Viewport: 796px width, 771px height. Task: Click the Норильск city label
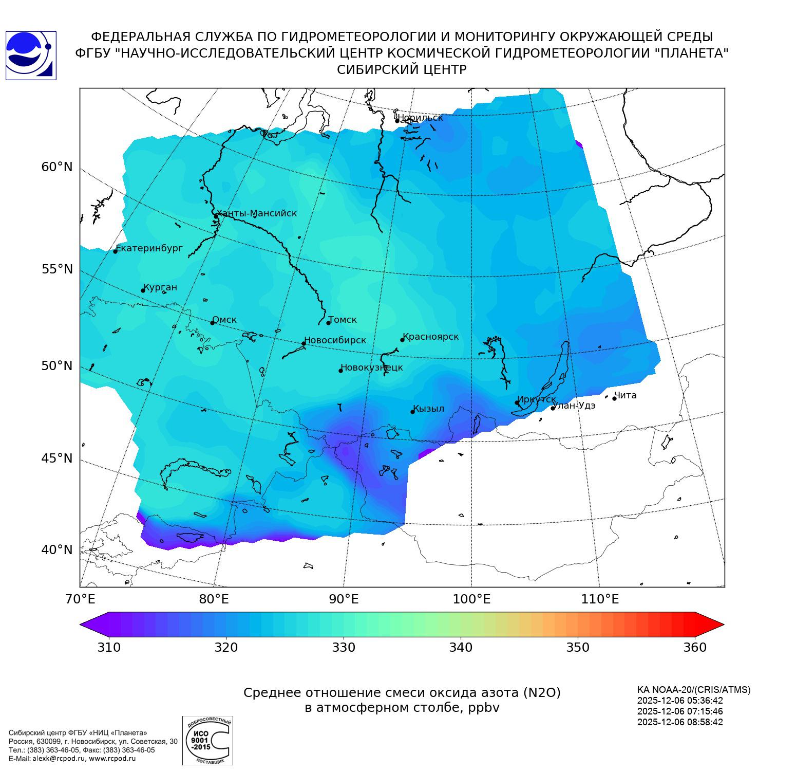[420, 118]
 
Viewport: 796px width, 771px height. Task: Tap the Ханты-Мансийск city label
[256, 213]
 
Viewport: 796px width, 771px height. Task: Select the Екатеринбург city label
[149, 248]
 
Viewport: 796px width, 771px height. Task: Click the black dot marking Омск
[212, 323]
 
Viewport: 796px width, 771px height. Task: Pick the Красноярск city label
[430, 337]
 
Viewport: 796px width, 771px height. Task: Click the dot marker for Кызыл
[412, 412]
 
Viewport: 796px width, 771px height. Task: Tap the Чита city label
[626, 395]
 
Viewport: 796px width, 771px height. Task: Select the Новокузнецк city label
[372, 368]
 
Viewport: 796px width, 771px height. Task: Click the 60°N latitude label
[57, 167]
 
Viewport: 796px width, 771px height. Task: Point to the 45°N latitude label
[57, 458]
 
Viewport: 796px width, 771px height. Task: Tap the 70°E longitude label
[80, 599]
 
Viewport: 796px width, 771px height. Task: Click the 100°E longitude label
[471, 599]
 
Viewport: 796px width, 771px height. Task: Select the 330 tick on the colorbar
[344, 647]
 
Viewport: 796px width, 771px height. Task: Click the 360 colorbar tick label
[695, 647]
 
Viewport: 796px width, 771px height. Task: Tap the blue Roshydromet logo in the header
[31, 55]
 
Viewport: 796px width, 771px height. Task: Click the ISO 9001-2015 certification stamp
[207, 740]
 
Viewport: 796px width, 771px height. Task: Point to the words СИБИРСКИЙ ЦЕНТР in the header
[402, 70]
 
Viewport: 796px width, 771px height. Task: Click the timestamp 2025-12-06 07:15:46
[680, 711]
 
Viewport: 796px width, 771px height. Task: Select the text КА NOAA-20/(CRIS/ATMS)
[694, 690]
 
